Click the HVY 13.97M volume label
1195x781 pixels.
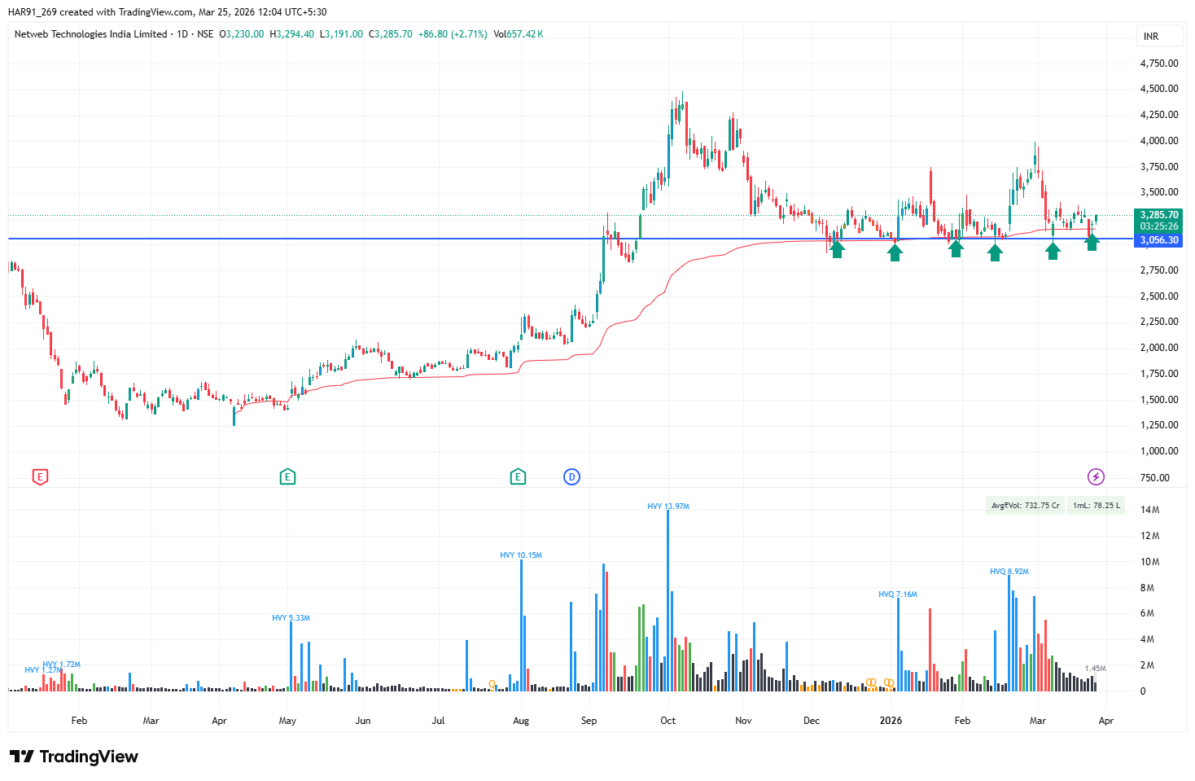point(668,507)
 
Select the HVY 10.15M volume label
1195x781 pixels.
point(521,555)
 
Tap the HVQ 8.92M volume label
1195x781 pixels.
point(1009,572)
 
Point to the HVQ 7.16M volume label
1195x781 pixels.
point(898,595)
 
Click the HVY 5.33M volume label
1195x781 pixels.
point(291,618)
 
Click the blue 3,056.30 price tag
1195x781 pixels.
point(1159,240)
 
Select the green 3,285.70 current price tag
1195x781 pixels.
point(1159,215)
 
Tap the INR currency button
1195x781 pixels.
point(1151,37)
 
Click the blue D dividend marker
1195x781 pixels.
point(571,477)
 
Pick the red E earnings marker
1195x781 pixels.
point(40,477)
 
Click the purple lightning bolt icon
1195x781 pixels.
point(1096,477)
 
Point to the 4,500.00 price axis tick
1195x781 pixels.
point(1159,89)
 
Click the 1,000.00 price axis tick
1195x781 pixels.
point(1159,451)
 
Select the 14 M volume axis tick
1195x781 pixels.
point(1149,510)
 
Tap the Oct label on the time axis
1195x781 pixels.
point(668,721)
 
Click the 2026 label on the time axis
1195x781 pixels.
point(891,721)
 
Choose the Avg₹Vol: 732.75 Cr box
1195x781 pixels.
point(1025,506)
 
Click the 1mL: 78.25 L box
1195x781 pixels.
point(1096,506)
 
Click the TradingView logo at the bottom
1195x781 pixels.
point(75,757)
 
